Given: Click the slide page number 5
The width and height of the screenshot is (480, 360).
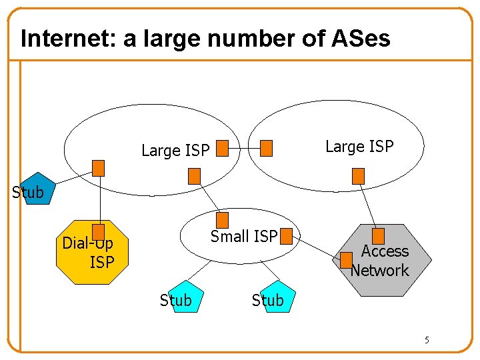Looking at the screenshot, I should click(x=427, y=341).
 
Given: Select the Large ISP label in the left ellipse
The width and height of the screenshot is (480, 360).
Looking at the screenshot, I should click(x=175, y=151).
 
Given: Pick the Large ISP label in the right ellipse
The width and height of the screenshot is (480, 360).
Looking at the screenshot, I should click(x=359, y=146).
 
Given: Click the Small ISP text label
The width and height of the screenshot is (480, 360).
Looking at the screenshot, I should click(x=243, y=236).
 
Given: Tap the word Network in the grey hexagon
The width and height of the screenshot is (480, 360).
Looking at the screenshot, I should click(x=380, y=270).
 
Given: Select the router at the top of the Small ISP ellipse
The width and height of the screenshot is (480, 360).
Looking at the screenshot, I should click(x=223, y=219).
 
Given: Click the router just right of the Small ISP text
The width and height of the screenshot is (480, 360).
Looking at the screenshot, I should click(x=287, y=235).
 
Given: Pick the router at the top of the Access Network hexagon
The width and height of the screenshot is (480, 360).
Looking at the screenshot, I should click(x=378, y=235).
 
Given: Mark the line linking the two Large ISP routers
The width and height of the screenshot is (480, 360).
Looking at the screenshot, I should click(x=244, y=147).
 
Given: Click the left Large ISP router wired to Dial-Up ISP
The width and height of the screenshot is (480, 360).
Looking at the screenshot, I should click(x=99, y=168).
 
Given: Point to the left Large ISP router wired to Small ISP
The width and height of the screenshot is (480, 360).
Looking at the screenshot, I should click(x=194, y=175).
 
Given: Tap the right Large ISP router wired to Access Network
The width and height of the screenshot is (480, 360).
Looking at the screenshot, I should click(x=358, y=175).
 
